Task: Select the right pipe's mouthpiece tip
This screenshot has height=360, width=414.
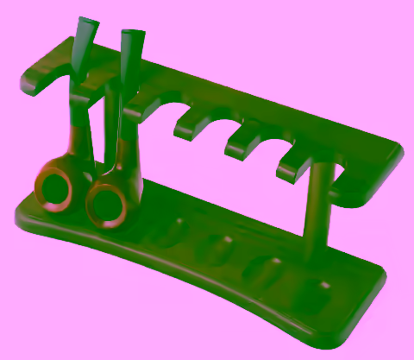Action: (132, 36)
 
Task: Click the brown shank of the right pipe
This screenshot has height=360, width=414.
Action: (127, 155)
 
